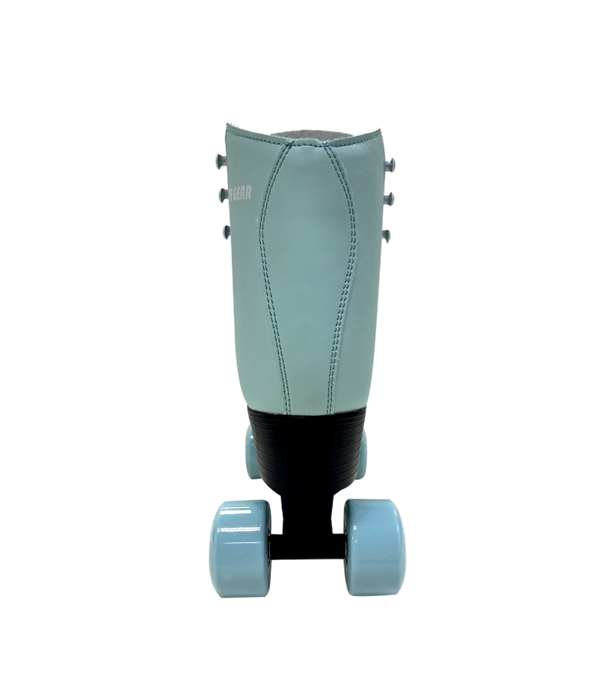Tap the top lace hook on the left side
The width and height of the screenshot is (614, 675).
[221, 161]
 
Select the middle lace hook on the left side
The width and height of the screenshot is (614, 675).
[223, 194]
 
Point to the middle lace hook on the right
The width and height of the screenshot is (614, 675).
[388, 199]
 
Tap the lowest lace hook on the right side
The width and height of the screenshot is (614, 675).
[385, 235]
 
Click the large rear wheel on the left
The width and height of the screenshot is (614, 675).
[239, 547]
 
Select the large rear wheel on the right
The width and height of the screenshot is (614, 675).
[374, 546]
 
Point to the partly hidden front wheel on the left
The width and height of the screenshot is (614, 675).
[253, 453]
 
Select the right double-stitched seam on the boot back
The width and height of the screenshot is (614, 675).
[344, 268]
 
